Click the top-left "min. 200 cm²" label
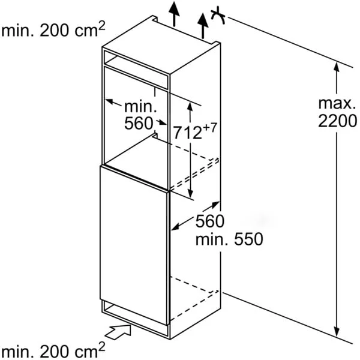(x=53, y=29)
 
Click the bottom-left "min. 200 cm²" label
(x=53, y=350)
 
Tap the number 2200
(x=337, y=121)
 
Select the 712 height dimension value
(x=187, y=133)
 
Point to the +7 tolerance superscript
(x=209, y=128)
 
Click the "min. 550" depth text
(x=229, y=239)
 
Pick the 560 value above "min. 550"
(x=210, y=221)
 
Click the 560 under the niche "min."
(x=139, y=123)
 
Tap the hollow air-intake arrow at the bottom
(x=118, y=332)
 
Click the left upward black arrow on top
(x=174, y=13)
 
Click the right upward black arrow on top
(x=203, y=25)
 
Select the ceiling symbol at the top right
(x=218, y=16)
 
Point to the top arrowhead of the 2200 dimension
(x=337, y=67)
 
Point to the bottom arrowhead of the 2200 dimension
(x=337, y=331)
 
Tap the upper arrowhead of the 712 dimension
(x=190, y=107)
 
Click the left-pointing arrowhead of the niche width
(x=110, y=101)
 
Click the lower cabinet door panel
(x=134, y=245)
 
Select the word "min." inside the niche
(x=140, y=107)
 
